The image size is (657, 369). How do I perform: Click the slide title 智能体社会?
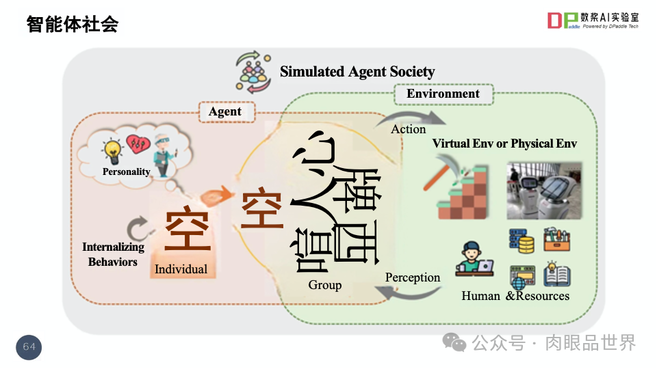(x=73, y=25)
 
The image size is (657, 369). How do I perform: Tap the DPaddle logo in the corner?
(x=593, y=20)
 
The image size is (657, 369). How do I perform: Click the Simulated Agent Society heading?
(x=357, y=72)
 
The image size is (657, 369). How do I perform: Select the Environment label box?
(x=443, y=94)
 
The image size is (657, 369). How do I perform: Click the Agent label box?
(x=224, y=112)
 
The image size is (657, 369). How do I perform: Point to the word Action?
(x=409, y=129)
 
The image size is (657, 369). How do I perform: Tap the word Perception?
(x=412, y=277)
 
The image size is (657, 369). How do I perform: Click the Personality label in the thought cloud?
(x=126, y=172)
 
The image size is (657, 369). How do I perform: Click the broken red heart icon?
(x=139, y=143)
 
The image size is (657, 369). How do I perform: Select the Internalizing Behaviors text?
(x=113, y=254)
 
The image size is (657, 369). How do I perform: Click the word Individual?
(x=181, y=269)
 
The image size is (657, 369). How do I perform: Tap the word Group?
(x=324, y=285)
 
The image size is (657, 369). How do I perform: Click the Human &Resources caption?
(x=515, y=296)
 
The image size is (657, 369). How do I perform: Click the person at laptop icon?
(x=475, y=259)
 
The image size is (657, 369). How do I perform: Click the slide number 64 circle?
(x=29, y=347)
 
